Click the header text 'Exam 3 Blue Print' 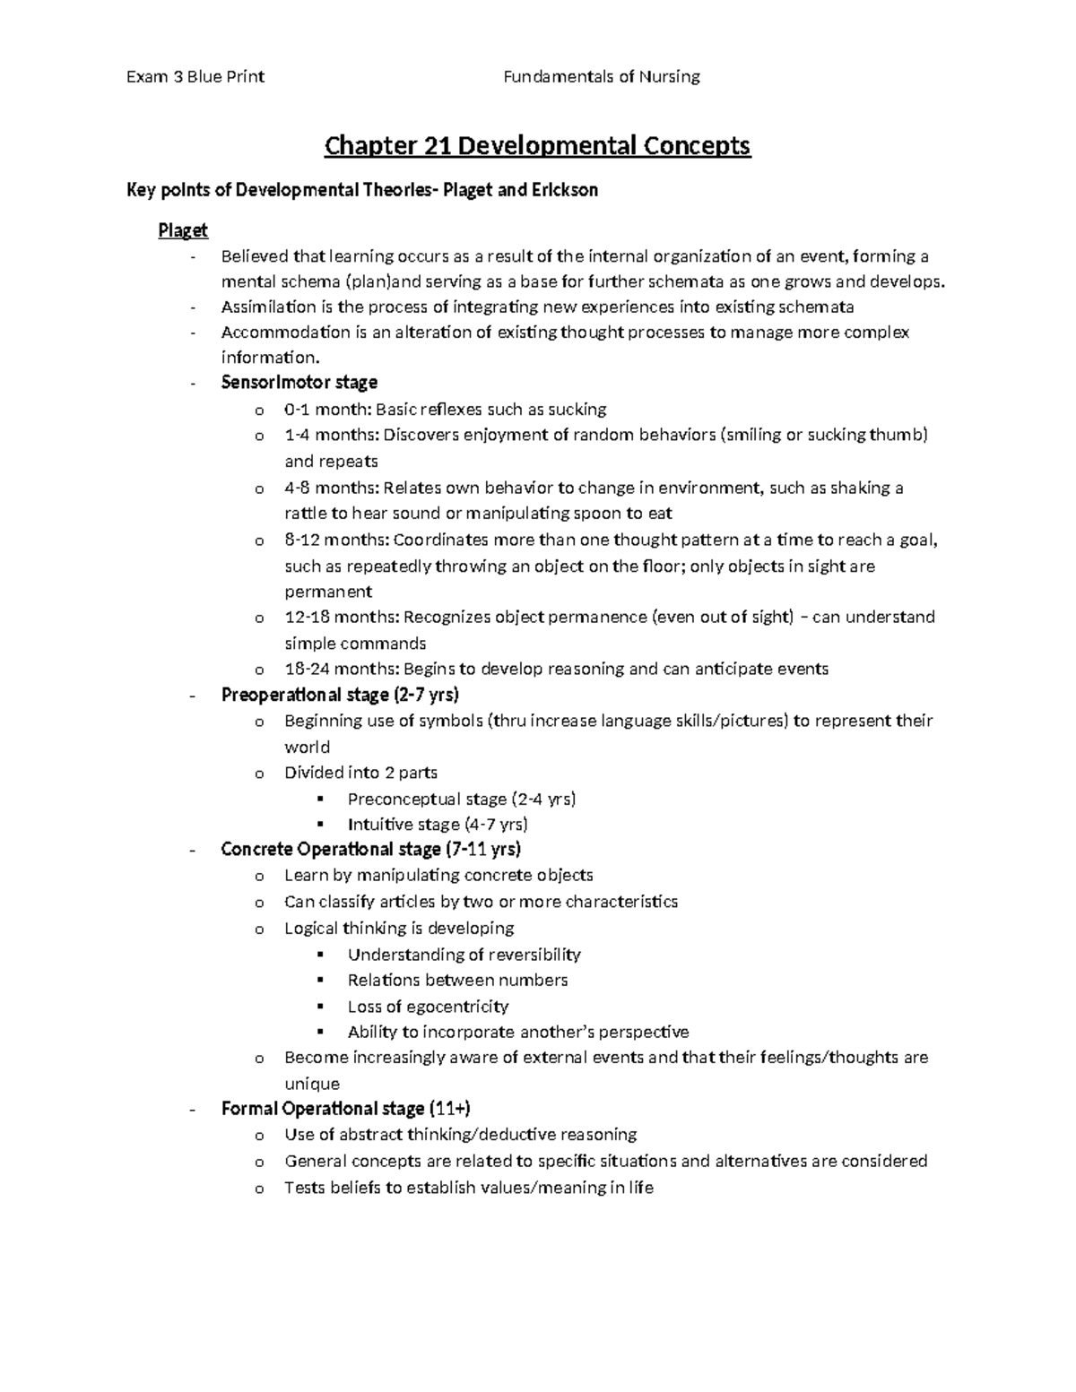[195, 77]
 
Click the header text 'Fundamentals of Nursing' [601, 77]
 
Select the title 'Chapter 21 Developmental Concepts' [537, 145]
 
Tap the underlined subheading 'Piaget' [183, 231]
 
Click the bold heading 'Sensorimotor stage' [299, 383]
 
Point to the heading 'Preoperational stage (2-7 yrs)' [340, 695]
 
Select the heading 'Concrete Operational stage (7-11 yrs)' [370, 849]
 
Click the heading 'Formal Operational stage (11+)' [345, 1109]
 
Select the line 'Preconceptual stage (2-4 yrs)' [462, 799]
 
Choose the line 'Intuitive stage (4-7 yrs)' [438, 825]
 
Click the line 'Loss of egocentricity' [428, 1007]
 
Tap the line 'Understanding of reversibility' [464, 955]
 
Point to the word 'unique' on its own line [311, 1084]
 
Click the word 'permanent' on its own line [328, 592]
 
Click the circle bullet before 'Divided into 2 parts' [259, 774]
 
